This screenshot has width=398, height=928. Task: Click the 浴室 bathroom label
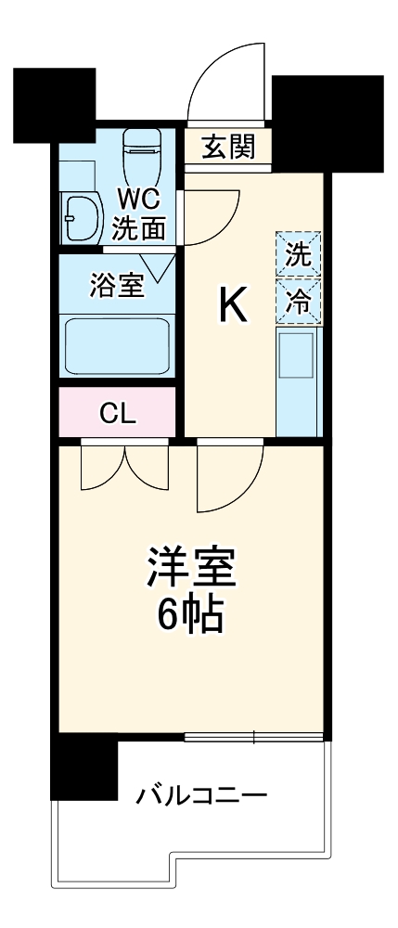[116, 285]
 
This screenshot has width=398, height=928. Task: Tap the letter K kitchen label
[232, 306]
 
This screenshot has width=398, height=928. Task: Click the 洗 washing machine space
[298, 254]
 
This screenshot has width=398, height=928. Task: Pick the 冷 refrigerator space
[298, 300]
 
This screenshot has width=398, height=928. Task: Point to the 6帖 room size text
[189, 615]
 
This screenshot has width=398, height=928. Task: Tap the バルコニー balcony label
[202, 795]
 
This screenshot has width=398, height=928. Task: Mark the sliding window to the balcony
[253, 738]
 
